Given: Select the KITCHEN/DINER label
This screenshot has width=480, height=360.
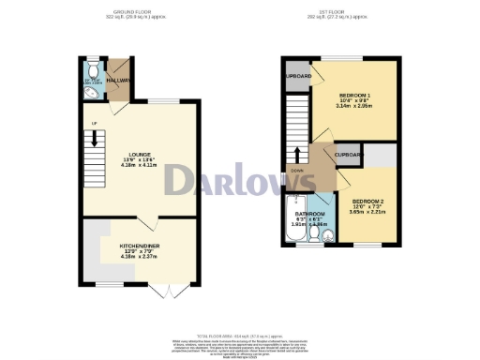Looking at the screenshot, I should (x=137, y=246).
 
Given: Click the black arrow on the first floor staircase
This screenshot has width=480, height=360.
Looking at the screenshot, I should (x=298, y=153).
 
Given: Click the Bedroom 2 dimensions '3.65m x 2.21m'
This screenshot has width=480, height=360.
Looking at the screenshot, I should (x=369, y=214).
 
